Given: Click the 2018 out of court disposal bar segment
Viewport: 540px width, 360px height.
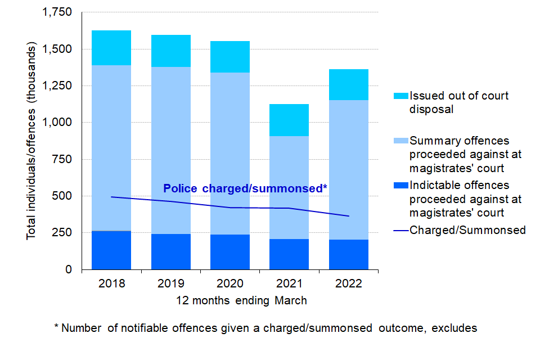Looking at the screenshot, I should (111, 48).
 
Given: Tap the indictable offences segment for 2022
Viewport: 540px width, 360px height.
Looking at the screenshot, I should (349, 254).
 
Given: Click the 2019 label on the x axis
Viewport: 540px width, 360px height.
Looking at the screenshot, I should (170, 283).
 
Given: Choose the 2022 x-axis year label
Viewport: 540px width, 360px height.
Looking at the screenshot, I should (348, 283).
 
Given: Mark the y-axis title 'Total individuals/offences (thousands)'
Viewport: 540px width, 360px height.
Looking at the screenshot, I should (32, 141).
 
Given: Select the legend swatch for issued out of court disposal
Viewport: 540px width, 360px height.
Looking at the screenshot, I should (402, 96).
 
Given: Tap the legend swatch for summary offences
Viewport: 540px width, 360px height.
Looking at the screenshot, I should (402, 140).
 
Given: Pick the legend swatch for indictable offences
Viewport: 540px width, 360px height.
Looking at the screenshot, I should (402, 185).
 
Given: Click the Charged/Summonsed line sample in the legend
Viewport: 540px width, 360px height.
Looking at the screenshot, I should (401, 230).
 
